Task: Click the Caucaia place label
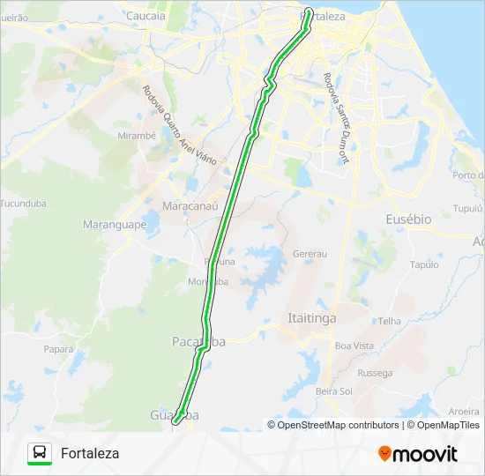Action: pos(145,15)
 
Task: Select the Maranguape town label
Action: pos(115,225)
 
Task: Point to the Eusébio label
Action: pos(408,218)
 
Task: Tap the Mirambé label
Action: pos(137,136)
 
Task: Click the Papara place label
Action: pos(58,348)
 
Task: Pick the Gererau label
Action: pos(310,253)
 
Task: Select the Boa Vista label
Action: pos(354,346)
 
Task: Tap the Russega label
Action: pos(375,373)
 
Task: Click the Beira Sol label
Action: pos(333,390)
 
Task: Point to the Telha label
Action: pos(390,322)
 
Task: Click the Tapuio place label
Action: pos(424,264)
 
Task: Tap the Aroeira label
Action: pos(464,411)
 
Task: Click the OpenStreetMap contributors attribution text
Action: pos(338,425)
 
